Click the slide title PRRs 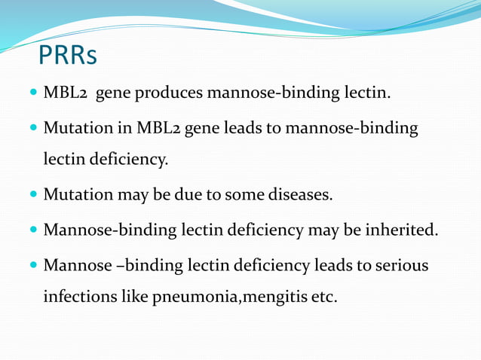(x=67, y=54)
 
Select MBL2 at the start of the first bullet (x=66, y=94)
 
